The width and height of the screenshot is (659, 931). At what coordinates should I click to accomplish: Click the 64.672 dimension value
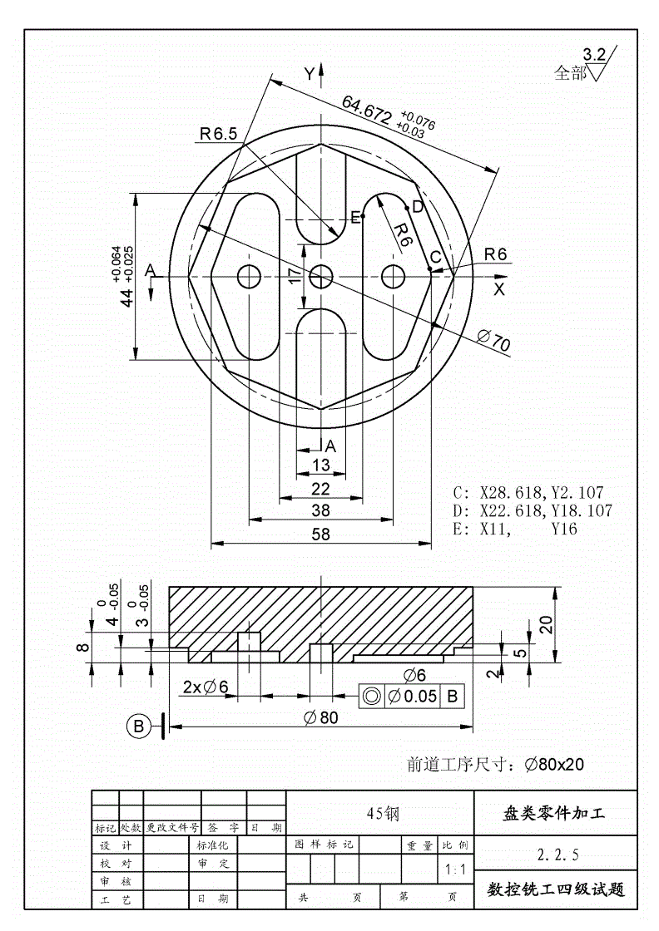tap(366, 110)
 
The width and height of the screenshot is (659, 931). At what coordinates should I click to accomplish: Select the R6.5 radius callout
tap(218, 133)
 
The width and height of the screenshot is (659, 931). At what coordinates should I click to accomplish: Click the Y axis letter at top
tap(310, 74)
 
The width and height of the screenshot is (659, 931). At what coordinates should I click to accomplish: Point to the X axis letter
tap(498, 289)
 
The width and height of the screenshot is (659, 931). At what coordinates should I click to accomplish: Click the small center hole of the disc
tap(321, 277)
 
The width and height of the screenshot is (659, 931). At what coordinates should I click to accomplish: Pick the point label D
tap(417, 206)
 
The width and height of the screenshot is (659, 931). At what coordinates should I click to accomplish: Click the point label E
tap(355, 218)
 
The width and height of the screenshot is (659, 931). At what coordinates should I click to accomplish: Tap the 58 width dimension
tap(320, 534)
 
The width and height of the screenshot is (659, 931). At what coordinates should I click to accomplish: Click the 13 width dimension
tap(320, 465)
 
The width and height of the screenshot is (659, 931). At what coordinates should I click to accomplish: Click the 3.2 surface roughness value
tap(594, 55)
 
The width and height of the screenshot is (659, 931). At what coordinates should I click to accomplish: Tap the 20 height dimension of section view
tap(546, 624)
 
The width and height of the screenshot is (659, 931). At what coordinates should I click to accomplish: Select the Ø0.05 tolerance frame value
tap(414, 696)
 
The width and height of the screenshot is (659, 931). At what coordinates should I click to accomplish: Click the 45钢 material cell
tap(383, 814)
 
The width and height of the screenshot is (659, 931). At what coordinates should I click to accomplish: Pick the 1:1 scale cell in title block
tap(455, 870)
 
